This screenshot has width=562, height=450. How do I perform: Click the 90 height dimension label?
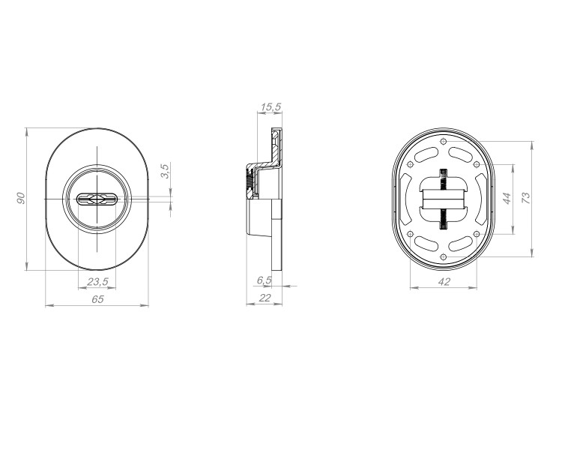[x=22, y=197]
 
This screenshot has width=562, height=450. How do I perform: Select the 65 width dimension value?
[x=97, y=298]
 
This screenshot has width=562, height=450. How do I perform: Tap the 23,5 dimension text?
[x=97, y=281]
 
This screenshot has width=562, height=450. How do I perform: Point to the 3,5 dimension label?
[x=165, y=170]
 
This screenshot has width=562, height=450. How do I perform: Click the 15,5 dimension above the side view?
[x=270, y=107]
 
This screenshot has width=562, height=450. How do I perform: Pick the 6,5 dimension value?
[x=264, y=280]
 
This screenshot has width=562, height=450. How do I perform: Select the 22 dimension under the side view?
[x=264, y=298]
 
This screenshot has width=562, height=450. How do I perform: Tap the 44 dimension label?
[x=506, y=198]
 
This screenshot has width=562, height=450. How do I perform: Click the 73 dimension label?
[x=526, y=197]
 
